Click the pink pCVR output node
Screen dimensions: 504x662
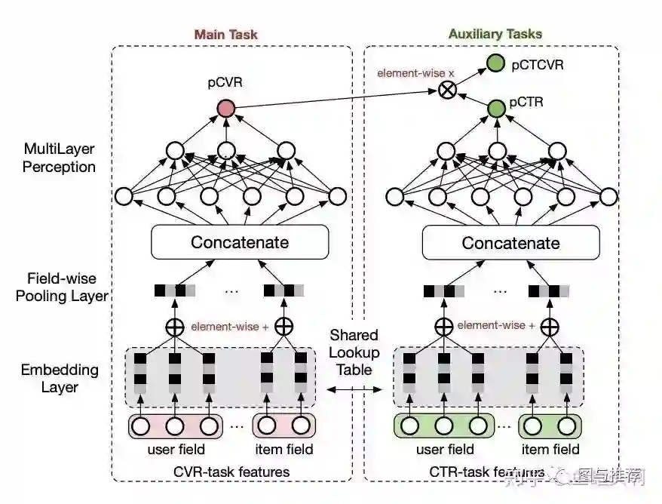tap(225, 109)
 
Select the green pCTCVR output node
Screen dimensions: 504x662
tap(495, 63)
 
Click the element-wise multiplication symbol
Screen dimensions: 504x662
tap(448, 91)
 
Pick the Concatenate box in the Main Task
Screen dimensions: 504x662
tap(240, 242)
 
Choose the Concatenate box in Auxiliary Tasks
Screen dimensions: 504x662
tap(510, 243)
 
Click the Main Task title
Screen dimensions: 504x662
tap(225, 34)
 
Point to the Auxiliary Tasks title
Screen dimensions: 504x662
tap(495, 34)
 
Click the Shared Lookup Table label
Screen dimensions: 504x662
tap(354, 352)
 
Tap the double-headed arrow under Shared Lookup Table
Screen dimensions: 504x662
tap(354, 389)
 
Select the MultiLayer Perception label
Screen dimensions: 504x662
tap(59, 157)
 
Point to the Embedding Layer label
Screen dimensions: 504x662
tap(60, 378)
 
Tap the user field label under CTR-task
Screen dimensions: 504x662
tap(445, 450)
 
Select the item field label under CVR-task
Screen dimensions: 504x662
tap(283, 450)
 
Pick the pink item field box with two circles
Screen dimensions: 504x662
tap(283, 426)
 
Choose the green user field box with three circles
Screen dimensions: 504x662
tap(444, 426)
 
